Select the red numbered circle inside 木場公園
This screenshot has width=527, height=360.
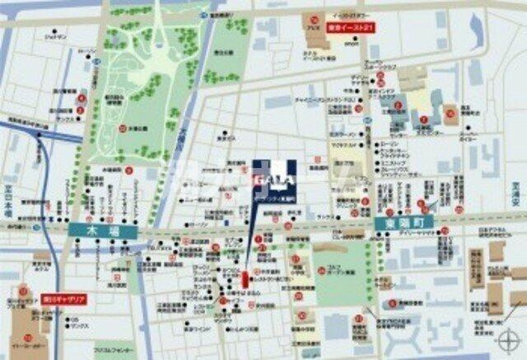click(x=121, y=129)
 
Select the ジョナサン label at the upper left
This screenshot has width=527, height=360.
click(x=54, y=37)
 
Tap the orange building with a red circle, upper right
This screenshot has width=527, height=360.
click(x=450, y=115)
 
